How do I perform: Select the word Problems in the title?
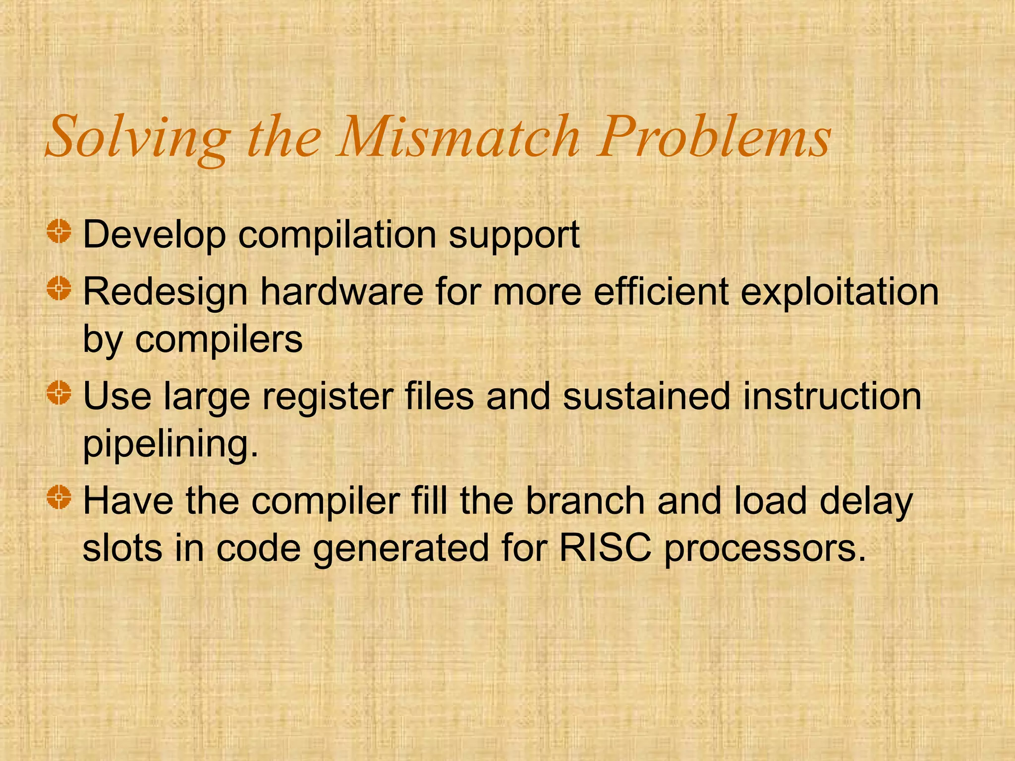click(x=713, y=136)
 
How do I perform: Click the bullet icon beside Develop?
click(x=59, y=231)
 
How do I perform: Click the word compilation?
click(x=337, y=235)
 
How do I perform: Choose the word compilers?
click(x=219, y=340)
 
